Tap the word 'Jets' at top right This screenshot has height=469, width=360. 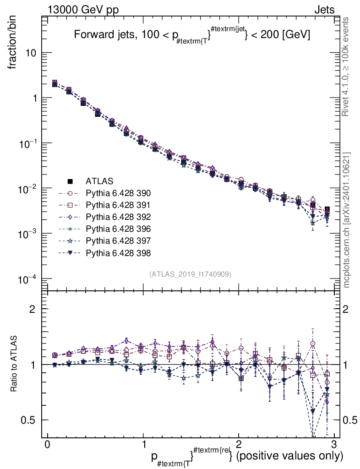point(324,10)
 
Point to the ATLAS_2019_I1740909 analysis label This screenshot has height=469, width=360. point(190,274)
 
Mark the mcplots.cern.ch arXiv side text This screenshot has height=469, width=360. point(347,220)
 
